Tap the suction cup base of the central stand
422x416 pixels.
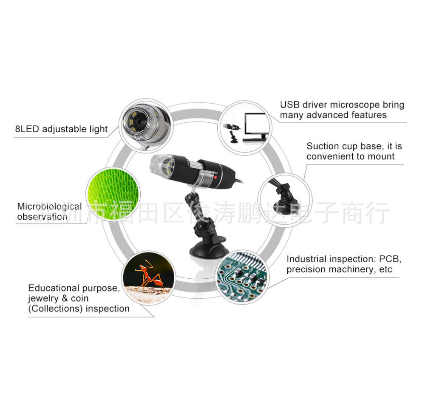tap(208, 251)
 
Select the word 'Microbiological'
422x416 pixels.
tap(49, 207)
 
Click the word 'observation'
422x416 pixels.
tap(42, 217)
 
